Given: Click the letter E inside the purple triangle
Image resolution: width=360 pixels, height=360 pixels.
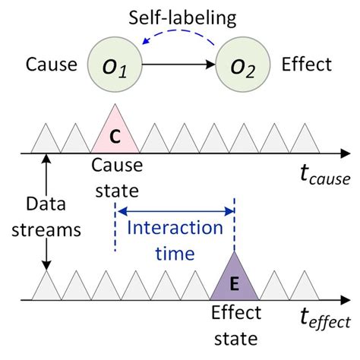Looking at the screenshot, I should [234, 286].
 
